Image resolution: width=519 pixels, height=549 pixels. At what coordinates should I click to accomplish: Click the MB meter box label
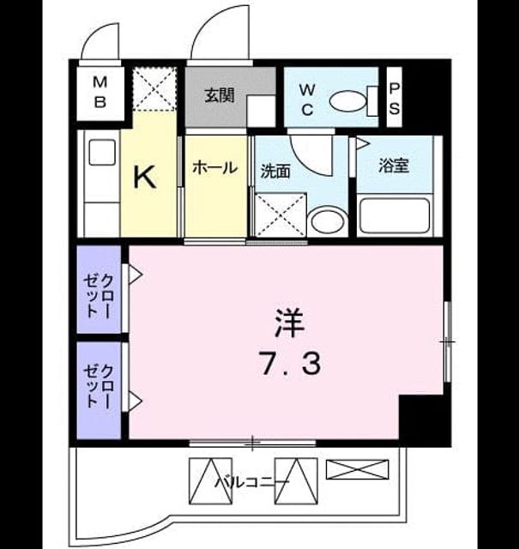point(100,93)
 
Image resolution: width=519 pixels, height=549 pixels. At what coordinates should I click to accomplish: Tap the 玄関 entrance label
point(220,95)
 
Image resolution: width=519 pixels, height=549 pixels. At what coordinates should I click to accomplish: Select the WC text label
point(307,100)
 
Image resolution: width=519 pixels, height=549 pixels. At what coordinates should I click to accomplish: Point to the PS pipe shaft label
point(395,100)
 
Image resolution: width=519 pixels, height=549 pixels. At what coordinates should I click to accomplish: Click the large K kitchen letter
point(145,178)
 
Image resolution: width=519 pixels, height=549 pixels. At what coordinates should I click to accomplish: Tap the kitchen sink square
point(102,152)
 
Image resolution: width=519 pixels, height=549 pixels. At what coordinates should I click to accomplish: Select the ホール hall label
point(215,168)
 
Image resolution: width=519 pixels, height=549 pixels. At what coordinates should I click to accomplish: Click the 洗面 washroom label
point(275,172)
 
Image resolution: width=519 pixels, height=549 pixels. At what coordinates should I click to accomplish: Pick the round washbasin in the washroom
point(328,221)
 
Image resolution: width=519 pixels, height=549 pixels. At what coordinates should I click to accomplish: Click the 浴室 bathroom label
point(394,166)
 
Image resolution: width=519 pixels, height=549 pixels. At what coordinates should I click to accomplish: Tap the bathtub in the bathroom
point(395,215)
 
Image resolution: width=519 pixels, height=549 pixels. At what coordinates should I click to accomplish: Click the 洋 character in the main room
point(289,323)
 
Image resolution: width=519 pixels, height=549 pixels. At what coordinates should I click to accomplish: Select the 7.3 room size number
point(290,364)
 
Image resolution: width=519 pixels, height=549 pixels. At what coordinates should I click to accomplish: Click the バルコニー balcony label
point(252,482)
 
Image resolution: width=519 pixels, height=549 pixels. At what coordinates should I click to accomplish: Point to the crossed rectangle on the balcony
point(357,469)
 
